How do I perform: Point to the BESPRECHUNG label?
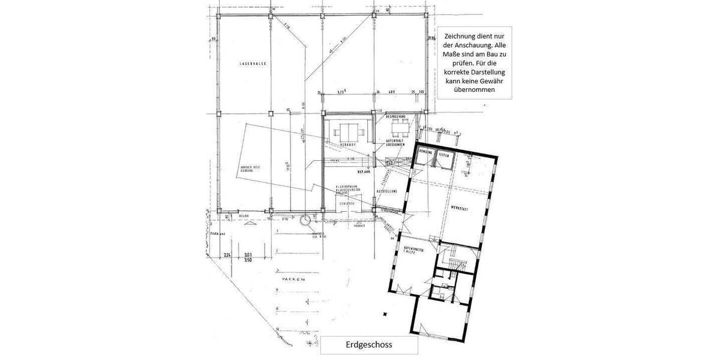396,116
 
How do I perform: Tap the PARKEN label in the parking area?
295,280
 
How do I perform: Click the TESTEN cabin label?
444,155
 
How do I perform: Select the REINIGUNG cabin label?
426,153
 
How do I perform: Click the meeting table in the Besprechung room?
399,127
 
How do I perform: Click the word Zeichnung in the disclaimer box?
456,35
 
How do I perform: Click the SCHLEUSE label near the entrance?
347,203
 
